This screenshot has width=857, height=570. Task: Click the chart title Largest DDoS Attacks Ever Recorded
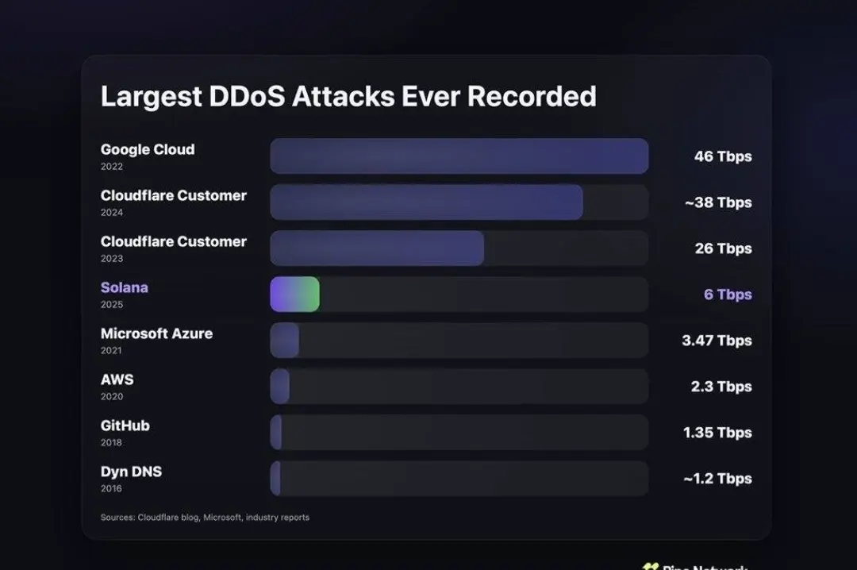348,96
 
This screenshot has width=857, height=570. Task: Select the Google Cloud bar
459,156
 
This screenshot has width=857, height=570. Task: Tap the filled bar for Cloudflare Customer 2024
426,202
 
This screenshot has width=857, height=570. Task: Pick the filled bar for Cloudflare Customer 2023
377,248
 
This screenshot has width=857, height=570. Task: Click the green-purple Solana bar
294,294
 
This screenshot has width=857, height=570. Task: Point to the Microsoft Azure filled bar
284,340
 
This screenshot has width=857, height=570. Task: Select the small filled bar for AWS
279,386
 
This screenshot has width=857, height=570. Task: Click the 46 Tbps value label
722,156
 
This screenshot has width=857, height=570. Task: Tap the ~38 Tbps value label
717,202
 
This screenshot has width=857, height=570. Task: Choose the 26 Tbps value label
722,248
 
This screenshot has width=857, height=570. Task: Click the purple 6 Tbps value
727,295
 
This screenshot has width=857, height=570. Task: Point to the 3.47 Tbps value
716,341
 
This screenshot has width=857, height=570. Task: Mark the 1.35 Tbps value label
717,433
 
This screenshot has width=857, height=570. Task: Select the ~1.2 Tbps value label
717,479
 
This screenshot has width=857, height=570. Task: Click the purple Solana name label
124,287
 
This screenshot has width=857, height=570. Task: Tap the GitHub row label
125,426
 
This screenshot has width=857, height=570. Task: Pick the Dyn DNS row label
131,472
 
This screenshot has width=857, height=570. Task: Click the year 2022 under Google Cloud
111,167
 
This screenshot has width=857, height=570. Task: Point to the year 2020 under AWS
111,397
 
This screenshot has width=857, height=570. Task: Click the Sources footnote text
205,518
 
